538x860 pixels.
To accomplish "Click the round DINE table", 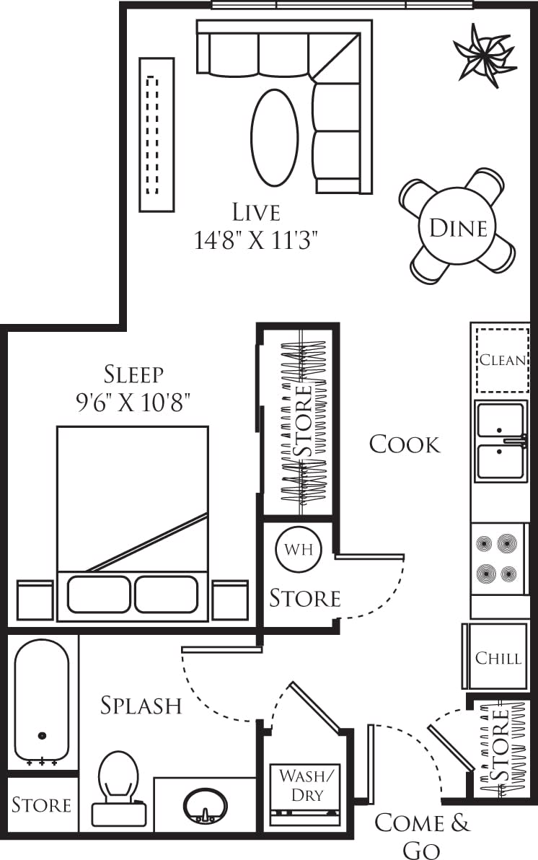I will point(457,228).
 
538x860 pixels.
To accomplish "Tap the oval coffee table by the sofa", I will point(274,137).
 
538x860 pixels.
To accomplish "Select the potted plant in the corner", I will point(484,55).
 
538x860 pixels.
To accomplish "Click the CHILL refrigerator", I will point(498,657).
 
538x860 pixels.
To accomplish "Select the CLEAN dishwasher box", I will point(502,360).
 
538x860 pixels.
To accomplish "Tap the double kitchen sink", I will point(500,442).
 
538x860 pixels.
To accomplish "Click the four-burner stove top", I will point(497,558).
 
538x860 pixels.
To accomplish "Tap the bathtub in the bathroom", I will point(42,700).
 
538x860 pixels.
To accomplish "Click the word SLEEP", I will point(134,374).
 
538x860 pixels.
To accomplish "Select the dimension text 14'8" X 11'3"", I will point(256,240).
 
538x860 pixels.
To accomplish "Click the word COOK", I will point(405,444).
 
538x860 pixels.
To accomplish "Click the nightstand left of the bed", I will point(35,600).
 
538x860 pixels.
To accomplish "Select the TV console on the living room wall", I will point(156,135).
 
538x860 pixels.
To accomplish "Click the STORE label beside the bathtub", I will point(42,804).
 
